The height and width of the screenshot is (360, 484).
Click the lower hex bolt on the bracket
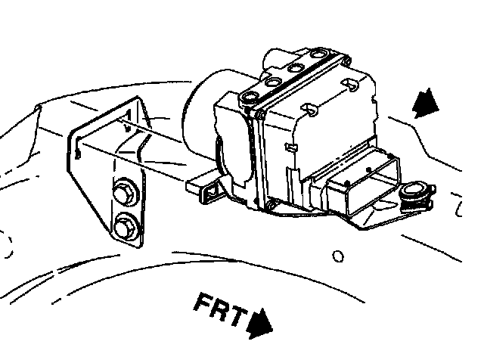[124, 225]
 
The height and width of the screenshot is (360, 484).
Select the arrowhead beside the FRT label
[261, 323]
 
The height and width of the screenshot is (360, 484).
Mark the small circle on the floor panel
[339, 256]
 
